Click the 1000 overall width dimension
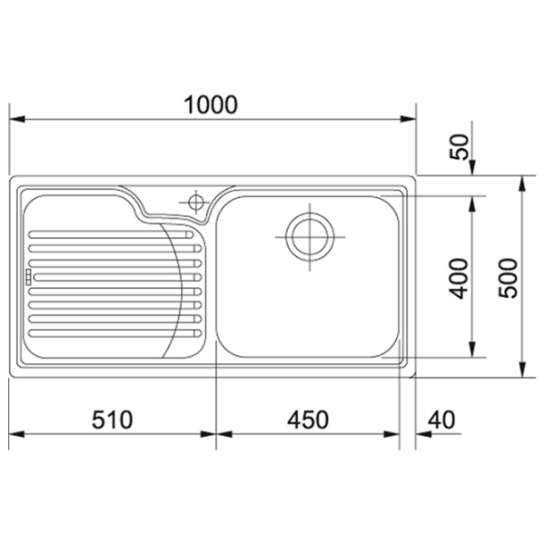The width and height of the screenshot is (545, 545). coord(211,104)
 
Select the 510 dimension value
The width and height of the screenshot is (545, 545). coord(113,420)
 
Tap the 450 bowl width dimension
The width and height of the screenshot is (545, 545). coord(308,420)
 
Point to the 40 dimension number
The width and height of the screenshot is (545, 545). coord(441,420)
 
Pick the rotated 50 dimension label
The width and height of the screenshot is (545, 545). coord(459,146)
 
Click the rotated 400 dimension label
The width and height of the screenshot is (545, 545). coord(459,279)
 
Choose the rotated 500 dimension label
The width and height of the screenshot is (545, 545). coord(508,278)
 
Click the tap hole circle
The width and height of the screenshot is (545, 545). coord(196,202)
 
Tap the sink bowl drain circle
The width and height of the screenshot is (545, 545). coord(310,237)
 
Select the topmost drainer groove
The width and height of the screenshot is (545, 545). coord(111,234)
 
